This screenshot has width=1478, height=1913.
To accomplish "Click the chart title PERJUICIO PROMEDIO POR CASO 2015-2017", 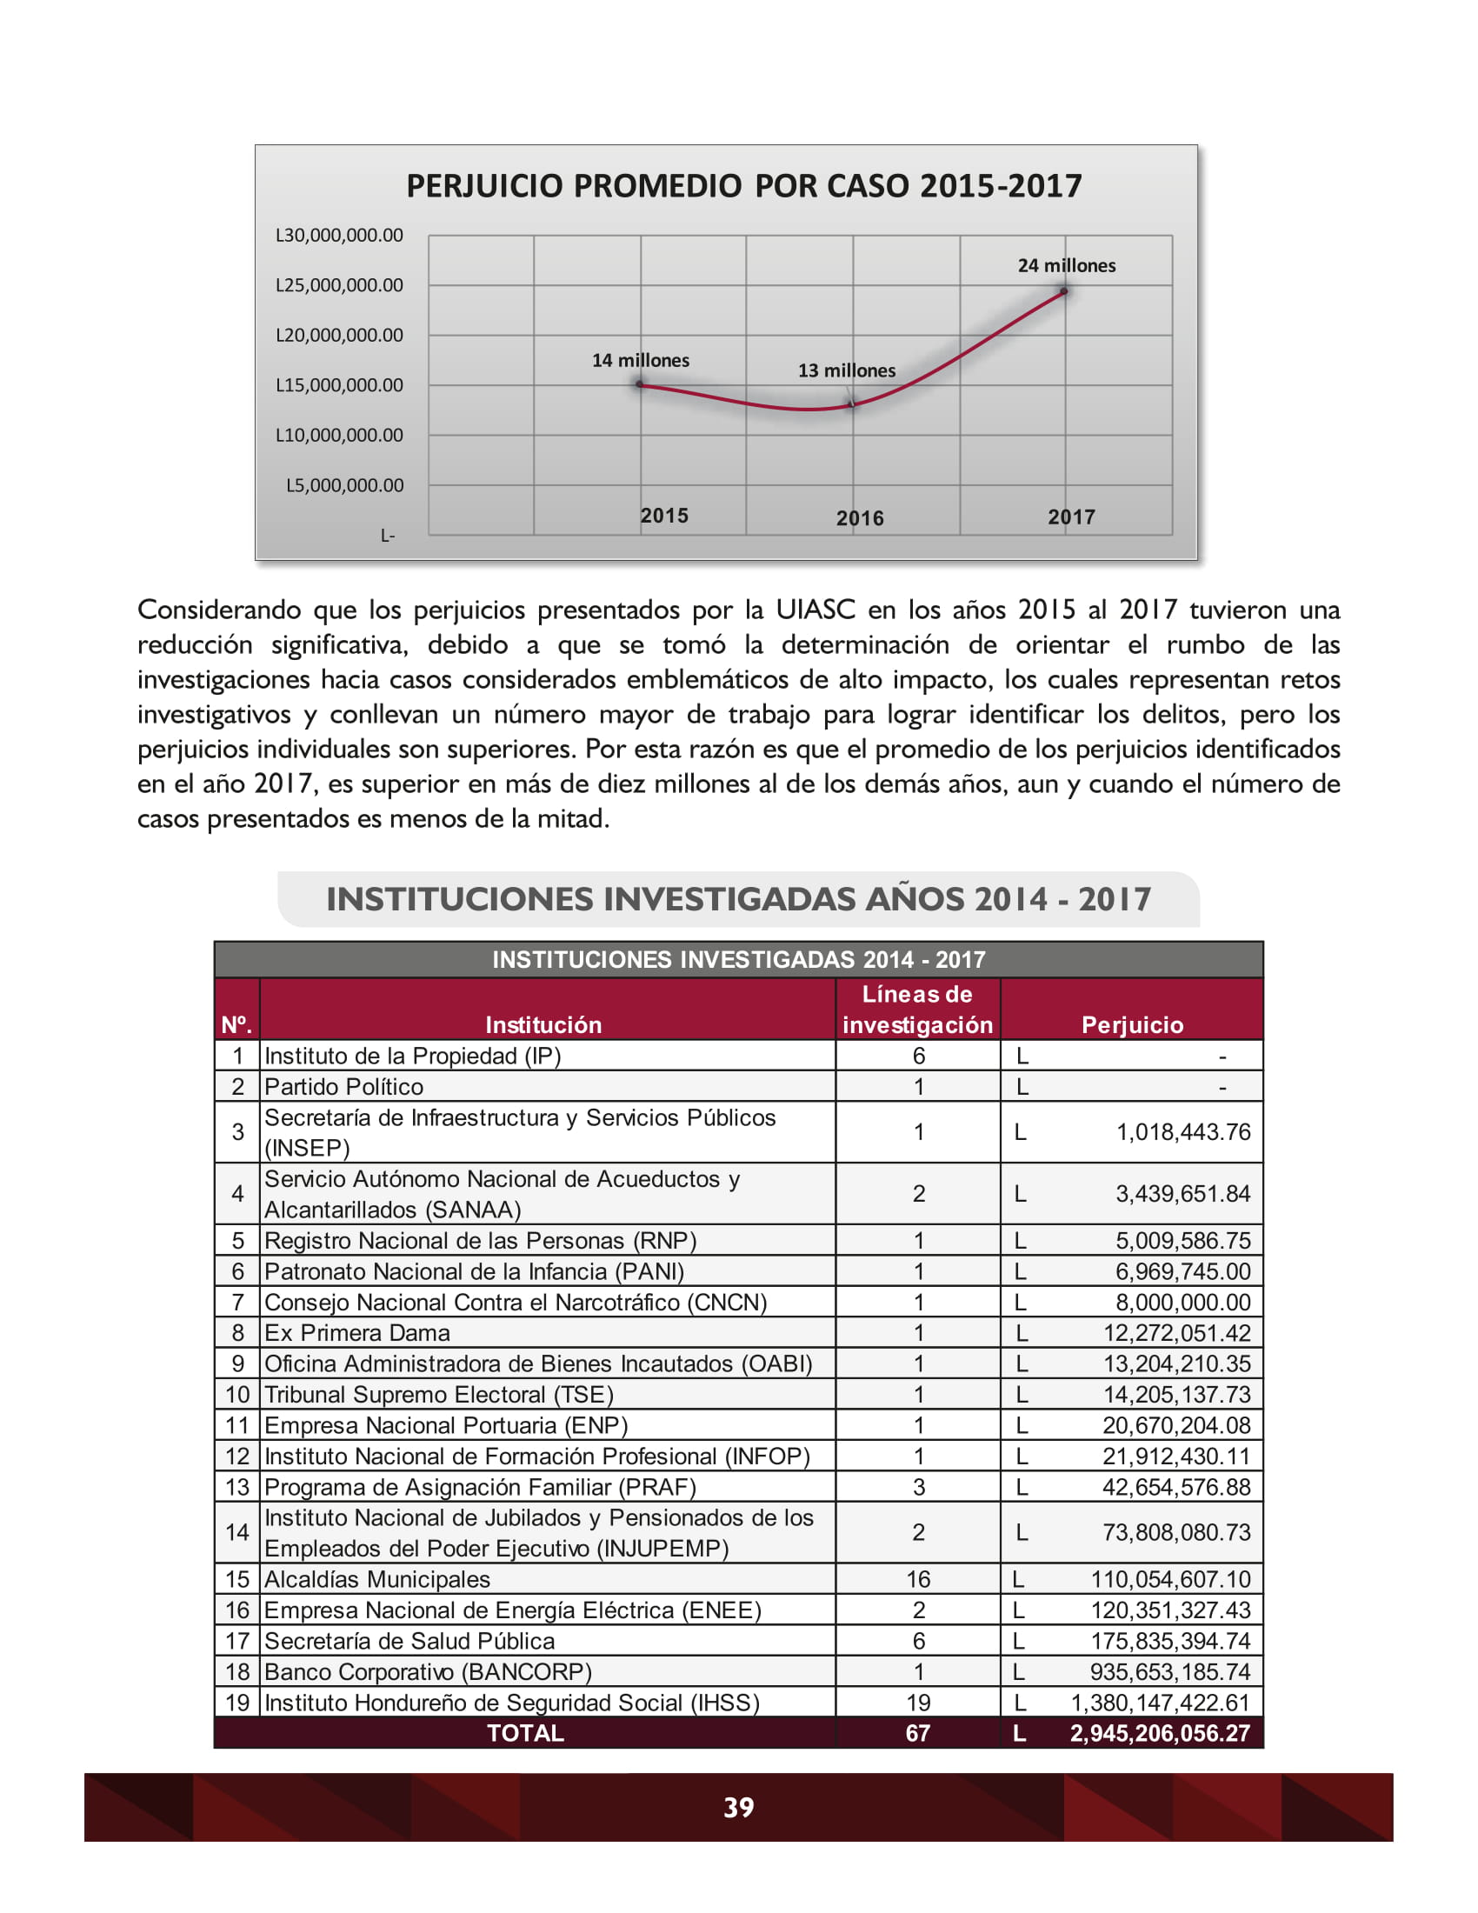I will (x=743, y=186).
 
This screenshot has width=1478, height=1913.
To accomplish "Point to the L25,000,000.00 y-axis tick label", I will (x=339, y=285).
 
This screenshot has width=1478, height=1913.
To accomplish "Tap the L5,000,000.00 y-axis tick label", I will (x=344, y=485).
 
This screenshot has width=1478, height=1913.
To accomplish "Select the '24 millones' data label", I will (x=1066, y=265).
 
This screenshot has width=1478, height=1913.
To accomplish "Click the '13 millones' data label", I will (x=846, y=370).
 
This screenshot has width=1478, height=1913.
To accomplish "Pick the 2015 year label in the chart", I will (x=663, y=516).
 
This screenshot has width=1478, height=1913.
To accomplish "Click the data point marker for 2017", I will (x=1064, y=291).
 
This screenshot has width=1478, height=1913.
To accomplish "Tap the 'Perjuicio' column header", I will (x=1131, y=1025).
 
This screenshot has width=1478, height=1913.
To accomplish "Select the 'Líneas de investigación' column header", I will (x=916, y=1009).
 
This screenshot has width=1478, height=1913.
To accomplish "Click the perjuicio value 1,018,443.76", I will (x=1182, y=1131).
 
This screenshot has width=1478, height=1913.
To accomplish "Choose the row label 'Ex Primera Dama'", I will (x=357, y=1332).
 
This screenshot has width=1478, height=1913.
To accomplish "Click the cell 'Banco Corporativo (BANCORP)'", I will (x=428, y=1671).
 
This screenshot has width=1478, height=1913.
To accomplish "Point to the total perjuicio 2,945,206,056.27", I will (x=1158, y=1732).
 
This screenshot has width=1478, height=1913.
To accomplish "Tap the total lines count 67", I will (x=916, y=1732).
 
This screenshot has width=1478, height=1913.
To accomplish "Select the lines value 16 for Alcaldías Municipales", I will (x=916, y=1579).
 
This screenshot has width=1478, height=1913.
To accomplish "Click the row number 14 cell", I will (x=237, y=1532).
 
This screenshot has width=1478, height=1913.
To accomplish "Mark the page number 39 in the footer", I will (x=738, y=1807).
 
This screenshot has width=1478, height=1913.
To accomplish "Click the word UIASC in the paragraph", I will (x=816, y=610).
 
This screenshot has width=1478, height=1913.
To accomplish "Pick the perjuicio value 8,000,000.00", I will (x=1182, y=1302).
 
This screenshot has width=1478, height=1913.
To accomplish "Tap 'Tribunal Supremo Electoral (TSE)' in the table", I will (x=439, y=1394).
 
